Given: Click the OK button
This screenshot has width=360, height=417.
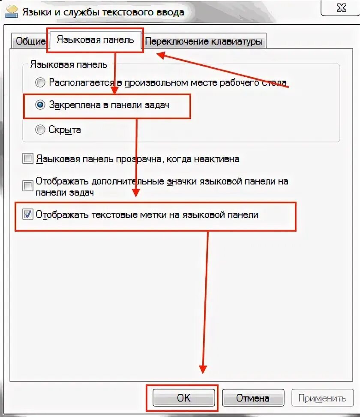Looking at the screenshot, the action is point(183,398).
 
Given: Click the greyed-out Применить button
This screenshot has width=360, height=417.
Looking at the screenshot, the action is point(322,398).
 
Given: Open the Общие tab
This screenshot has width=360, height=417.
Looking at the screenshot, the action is point(30,42).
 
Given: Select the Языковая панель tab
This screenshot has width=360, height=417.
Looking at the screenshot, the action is point(95,40).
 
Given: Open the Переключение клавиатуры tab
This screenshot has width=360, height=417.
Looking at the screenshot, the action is point(204,42).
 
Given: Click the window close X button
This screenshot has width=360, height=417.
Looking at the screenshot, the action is point(341,8).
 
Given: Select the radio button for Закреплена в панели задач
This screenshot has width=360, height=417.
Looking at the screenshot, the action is point(40,105).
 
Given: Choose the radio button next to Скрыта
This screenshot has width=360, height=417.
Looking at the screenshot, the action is point(40,130).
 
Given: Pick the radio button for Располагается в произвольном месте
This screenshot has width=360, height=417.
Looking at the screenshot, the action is point(40,82).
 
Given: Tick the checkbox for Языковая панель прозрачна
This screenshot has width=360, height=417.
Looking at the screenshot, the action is point(28,159).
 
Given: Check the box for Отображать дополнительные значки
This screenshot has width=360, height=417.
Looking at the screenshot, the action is point(28,186).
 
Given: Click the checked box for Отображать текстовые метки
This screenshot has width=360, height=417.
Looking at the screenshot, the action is point(28,215).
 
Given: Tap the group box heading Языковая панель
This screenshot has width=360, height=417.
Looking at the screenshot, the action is point(69,64).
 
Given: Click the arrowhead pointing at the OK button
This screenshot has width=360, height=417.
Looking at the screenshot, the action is point(203,369).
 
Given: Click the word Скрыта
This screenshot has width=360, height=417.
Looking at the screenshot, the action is point(65,130).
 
